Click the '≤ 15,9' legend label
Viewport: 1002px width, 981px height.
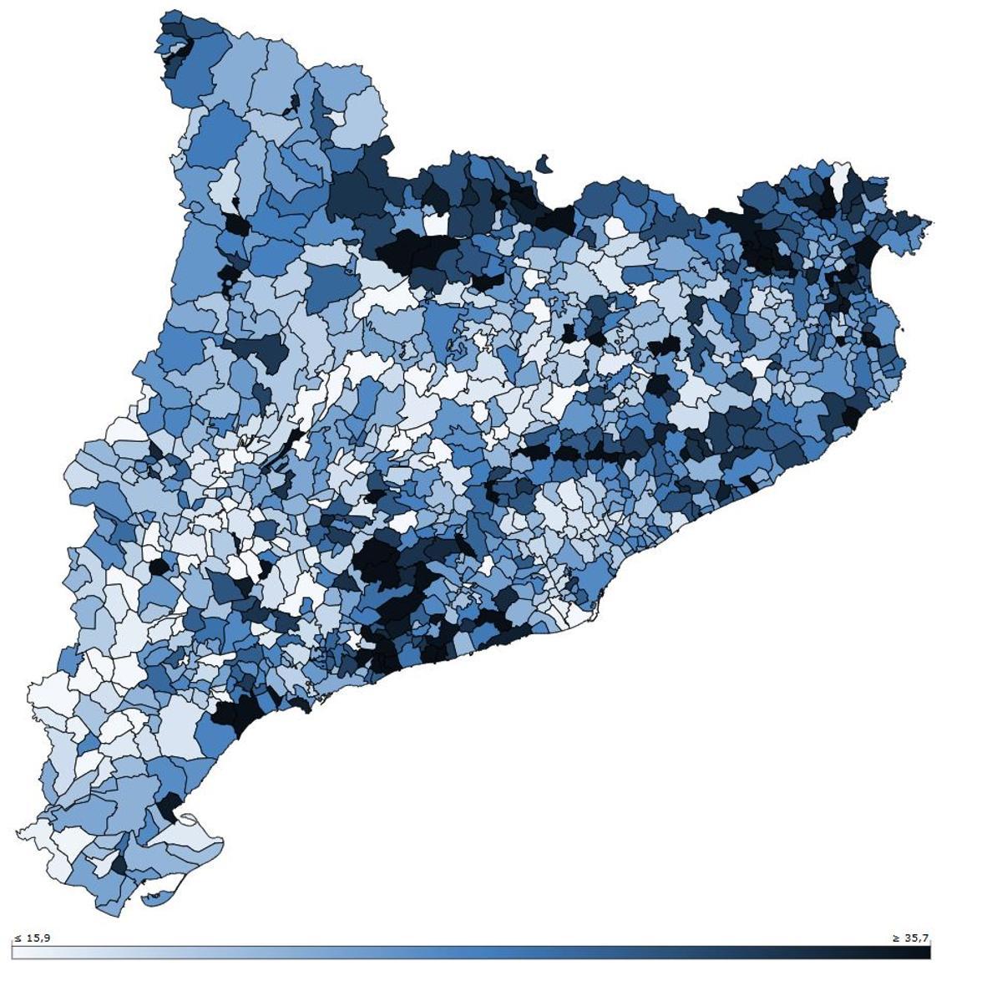point(32,938)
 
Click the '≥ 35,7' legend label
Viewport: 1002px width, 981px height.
point(910,938)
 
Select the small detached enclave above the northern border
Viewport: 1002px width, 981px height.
point(544,164)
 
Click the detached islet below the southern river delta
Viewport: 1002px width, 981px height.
point(154,899)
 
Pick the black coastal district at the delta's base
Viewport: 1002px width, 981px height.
point(169,806)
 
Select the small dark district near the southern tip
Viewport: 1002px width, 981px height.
point(119,865)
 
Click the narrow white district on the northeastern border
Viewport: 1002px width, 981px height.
point(839,178)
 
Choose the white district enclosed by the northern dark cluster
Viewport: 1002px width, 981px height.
point(436,224)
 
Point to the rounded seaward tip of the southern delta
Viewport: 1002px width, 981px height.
point(220,841)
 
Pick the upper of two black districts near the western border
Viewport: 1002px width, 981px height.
point(236,225)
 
